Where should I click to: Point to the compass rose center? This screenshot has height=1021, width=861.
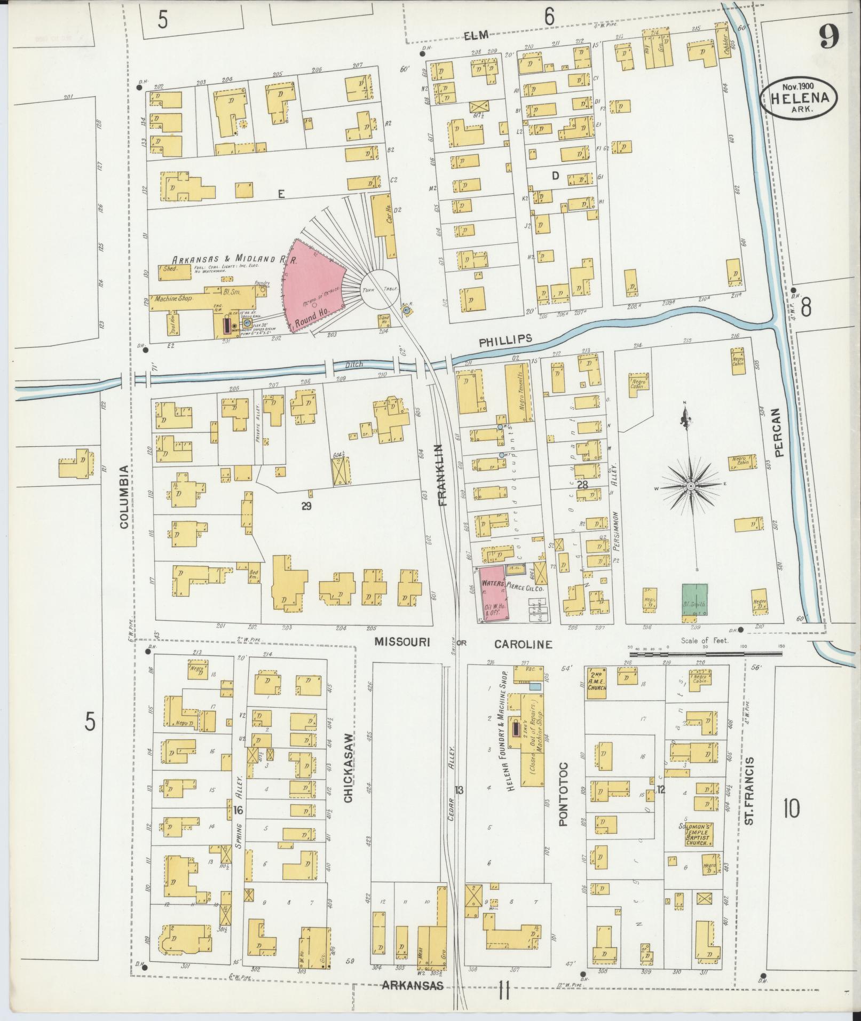click(x=690, y=486)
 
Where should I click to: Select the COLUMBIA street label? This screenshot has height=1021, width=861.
click(x=124, y=497)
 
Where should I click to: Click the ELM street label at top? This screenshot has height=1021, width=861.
click(x=476, y=36)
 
